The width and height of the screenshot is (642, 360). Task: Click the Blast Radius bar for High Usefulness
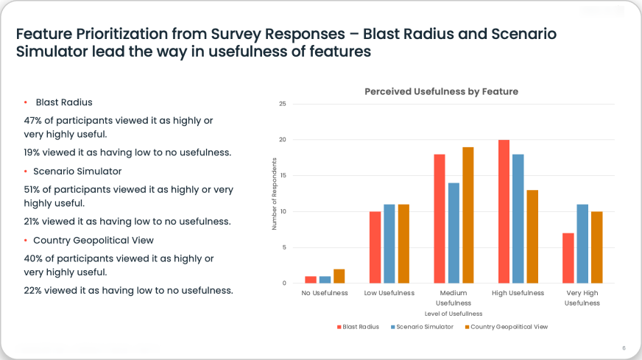click(x=504, y=211)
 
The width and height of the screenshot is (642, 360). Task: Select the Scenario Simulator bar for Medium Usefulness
click(x=454, y=233)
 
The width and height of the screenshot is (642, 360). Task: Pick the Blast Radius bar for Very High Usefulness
click(x=568, y=258)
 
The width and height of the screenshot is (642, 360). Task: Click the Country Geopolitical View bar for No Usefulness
click(x=339, y=276)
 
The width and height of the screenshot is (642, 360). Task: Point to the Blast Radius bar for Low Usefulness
click(x=375, y=247)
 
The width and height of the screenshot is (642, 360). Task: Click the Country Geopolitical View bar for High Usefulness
click(x=532, y=236)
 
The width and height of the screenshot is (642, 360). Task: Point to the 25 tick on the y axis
click(x=282, y=104)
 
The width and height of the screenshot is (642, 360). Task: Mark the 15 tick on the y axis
click(x=282, y=175)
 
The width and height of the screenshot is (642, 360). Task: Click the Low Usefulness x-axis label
click(x=389, y=293)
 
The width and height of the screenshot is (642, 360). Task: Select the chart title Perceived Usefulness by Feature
click(x=441, y=91)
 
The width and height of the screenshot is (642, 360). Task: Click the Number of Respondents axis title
click(x=273, y=194)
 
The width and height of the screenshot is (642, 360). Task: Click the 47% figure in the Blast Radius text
click(x=34, y=119)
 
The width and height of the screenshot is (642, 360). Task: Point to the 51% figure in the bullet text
click(x=34, y=189)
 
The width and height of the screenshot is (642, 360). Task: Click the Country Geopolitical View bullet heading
click(x=93, y=241)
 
